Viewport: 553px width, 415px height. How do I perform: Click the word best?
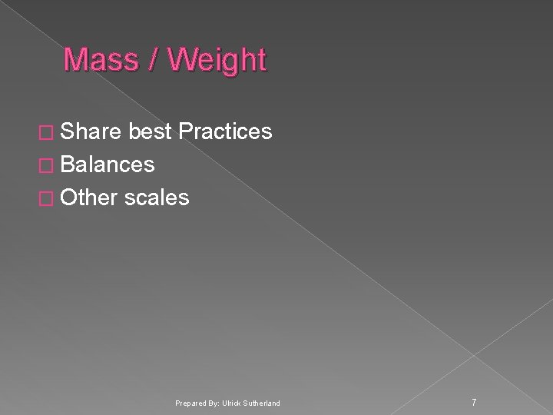pyautogui.click(x=151, y=132)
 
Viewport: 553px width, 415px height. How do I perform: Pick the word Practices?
pyautogui.click(x=225, y=132)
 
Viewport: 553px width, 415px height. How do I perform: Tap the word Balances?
pyautogui.click(x=108, y=164)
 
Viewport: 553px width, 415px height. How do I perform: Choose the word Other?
pyautogui.click(x=88, y=198)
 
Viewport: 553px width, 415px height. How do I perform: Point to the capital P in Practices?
pyautogui.click(x=184, y=132)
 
